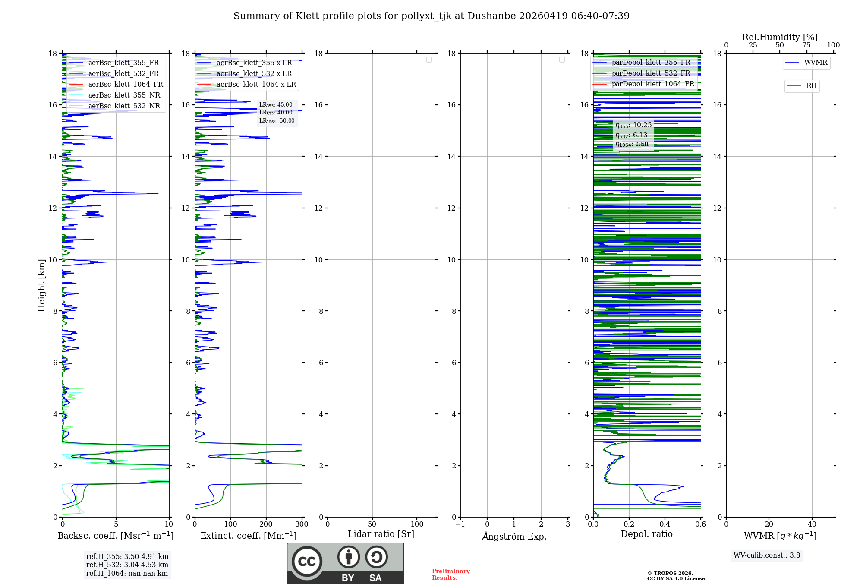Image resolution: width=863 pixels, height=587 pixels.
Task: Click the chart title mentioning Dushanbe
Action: click(x=431, y=16)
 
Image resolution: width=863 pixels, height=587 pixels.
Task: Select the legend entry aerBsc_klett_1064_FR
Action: click(x=125, y=84)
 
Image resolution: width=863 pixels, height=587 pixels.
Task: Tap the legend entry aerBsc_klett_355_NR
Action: click(x=124, y=95)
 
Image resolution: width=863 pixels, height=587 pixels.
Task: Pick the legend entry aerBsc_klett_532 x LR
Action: click(x=254, y=73)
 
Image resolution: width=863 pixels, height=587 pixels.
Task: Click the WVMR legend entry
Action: click(x=815, y=63)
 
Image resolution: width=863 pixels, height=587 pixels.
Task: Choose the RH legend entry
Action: click(x=811, y=86)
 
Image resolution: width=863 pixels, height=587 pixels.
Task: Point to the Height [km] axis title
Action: click(x=41, y=285)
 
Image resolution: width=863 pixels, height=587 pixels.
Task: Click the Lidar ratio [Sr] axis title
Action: click(x=381, y=534)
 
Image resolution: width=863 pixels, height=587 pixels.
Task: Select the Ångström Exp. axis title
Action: click(x=514, y=536)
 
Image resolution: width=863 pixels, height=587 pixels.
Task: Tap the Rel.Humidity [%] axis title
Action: click(x=780, y=37)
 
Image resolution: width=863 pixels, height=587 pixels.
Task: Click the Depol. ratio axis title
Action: click(x=646, y=534)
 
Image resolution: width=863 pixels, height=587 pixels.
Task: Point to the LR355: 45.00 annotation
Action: click(x=276, y=105)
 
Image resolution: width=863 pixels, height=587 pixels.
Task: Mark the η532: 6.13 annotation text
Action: click(x=632, y=135)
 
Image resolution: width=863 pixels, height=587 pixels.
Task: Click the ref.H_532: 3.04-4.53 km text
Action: click(x=127, y=565)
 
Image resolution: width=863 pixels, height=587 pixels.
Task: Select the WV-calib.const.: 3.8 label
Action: click(x=766, y=555)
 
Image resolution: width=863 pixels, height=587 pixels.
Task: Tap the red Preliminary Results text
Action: click(x=450, y=574)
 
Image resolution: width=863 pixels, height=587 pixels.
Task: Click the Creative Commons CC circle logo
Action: click(x=307, y=562)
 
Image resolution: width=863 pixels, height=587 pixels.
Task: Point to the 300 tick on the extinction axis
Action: click(x=302, y=524)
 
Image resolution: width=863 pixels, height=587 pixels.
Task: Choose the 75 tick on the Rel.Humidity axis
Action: click(x=806, y=45)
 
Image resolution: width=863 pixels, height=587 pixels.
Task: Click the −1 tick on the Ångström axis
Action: click(x=460, y=524)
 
